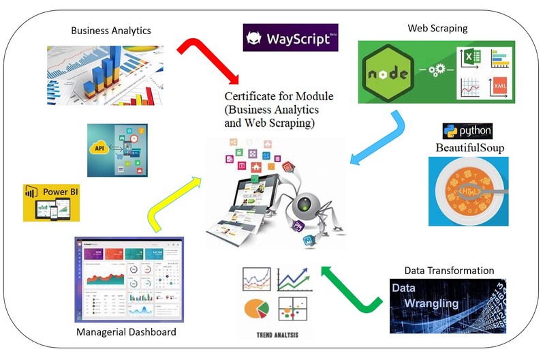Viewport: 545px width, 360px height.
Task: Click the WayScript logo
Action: [x=291, y=38]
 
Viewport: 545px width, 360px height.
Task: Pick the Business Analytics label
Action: [x=111, y=30]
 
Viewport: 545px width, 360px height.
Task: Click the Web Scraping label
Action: [x=437, y=28]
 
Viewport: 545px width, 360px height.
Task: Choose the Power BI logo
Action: [x=51, y=202]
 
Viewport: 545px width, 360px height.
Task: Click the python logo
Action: [x=467, y=131]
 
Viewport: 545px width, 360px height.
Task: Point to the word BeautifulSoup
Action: [x=469, y=147]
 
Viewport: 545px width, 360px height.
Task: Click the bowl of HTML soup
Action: [x=469, y=192]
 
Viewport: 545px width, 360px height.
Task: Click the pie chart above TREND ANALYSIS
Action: [x=258, y=308]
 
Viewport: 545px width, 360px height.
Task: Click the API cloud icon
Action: [x=100, y=148]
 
